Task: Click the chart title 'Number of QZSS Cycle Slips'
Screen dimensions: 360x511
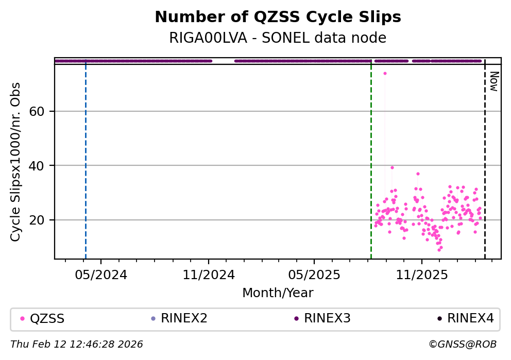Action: [278, 17]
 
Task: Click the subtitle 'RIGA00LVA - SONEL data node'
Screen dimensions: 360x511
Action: [278, 38]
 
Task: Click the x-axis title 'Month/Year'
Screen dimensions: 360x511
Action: [278, 293]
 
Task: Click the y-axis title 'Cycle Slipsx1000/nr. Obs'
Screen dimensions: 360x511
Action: [16, 162]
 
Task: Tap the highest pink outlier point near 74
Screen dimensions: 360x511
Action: [385, 73]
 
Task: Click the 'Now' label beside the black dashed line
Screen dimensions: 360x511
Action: [493, 81]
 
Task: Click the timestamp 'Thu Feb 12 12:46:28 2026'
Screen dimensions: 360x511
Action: [77, 344]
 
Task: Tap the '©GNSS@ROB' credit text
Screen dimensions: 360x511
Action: [462, 344]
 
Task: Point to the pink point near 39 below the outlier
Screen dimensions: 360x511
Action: [392, 167]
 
